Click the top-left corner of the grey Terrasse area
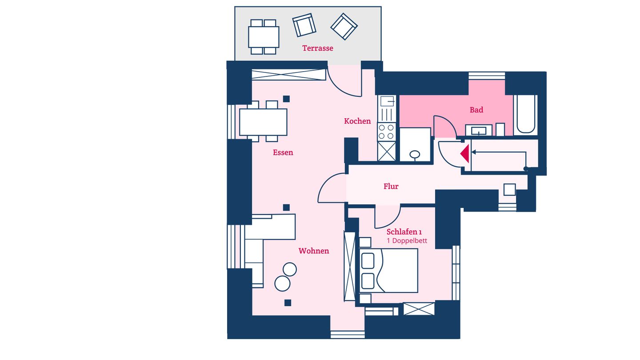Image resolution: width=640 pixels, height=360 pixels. (x=235, y=7)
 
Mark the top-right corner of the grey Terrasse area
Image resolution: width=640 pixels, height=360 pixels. (x=381, y=7)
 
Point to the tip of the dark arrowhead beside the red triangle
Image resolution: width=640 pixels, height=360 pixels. (x=472, y=152)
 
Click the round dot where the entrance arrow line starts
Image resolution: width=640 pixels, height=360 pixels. (x=525, y=169)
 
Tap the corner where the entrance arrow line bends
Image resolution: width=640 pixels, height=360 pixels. (x=526, y=152)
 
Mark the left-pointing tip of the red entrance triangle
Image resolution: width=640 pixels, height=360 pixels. (x=460, y=154)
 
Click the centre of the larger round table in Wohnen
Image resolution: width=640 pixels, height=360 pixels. (x=282, y=284)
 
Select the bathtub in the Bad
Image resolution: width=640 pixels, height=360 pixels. (x=526, y=114)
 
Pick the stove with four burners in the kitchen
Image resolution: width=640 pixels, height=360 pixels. (x=386, y=132)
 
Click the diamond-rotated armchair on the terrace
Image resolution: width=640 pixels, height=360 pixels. (x=344, y=27)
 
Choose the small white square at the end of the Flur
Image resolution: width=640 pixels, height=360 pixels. (x=509, y=190)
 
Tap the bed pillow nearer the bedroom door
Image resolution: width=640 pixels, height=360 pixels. (x=368, y=261)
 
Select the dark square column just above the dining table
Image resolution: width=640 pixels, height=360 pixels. (x=286, y=99)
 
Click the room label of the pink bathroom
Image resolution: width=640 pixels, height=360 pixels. (x=476, y=110)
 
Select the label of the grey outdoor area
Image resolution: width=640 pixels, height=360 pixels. (x=318, y=48)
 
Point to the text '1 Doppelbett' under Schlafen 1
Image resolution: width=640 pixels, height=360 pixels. (x=407, y=241)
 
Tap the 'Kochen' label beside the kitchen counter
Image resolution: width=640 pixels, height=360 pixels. (x=357, y=121)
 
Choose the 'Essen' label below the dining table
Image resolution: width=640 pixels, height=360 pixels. (x=283, y=152)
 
